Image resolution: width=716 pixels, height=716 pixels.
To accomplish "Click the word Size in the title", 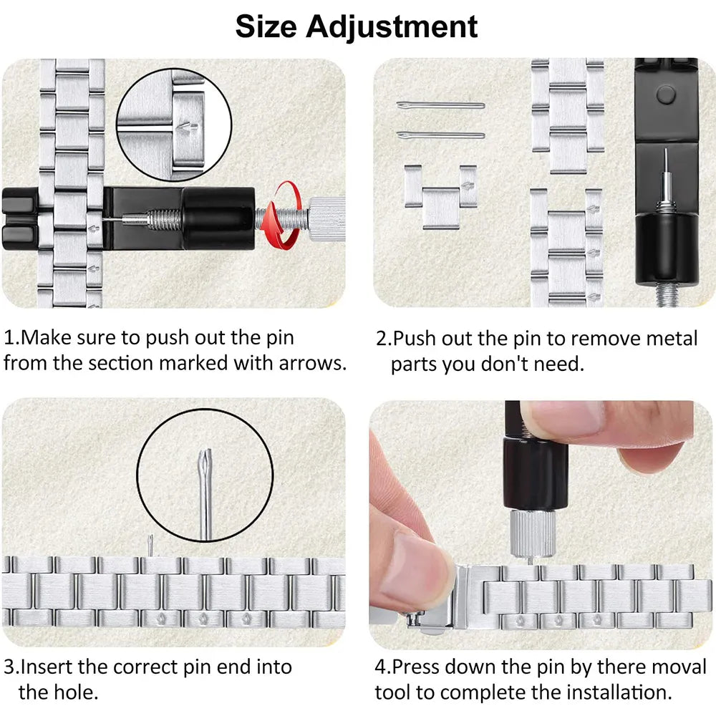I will (266, 26).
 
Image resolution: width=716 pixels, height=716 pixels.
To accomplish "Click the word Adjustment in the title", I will (392, 26).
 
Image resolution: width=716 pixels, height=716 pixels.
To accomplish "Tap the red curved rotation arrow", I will (282, 216).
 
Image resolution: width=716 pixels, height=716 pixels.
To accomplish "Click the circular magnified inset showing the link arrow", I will (174, 125).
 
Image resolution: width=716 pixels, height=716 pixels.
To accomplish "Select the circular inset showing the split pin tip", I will (205, 485).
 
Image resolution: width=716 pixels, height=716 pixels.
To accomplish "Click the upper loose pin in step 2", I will (440, 105).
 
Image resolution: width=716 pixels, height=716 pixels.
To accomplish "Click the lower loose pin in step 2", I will (440, 135).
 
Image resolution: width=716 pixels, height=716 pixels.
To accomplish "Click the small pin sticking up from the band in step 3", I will (151, 546).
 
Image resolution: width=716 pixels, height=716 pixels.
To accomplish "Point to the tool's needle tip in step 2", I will (665, 154).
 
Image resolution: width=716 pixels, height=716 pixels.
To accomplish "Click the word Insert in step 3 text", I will (47, 667).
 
